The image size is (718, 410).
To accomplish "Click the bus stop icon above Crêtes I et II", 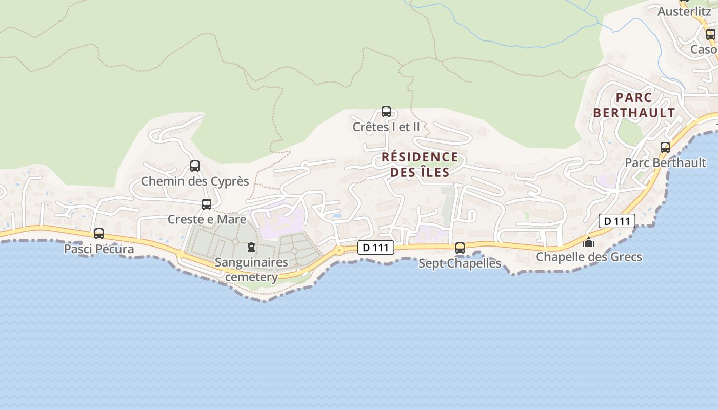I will pyautogui.click(x=386, y=112).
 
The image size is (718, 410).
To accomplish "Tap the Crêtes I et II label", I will pyautogui.click(x=386, y=127).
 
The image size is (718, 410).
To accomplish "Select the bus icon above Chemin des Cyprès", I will pyautogui.click(x=195, y=166).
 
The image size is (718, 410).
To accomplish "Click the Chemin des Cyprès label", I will pyautogui.click(x=195, y=181).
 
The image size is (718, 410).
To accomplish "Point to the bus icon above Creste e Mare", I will pyautogui.click(x=207, y=204).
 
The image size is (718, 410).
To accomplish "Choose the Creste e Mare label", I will pyautogui.click(x=207, y=219).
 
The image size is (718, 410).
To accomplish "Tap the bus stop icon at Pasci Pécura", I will pyautogui.click(x=99, y=234).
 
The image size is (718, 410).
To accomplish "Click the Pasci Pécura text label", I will pyautogui.click(x=99, y=249).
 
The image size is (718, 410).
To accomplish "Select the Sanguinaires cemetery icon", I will pyautogui.click(x=251, y=248).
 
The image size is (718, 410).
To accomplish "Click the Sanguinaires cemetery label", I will pyautogui.click(x=251, y=270).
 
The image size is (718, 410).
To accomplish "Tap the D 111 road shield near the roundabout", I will pyautogui.click(x=375, y=248).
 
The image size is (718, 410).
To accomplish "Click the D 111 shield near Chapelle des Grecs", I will pyautogui.click(x=617, y=221).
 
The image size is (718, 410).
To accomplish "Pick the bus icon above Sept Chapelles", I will pyautogui.click(x=460, y=248).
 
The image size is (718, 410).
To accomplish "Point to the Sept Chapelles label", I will pyautogui.click(x=460, y=263).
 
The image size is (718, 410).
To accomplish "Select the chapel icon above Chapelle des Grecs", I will pyautogui.click(x=589, y=241).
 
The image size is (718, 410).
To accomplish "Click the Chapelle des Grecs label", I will pyautogui.click(x=589, y=257).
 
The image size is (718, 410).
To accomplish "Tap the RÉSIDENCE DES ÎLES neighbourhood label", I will pyautogui.click(x=420, y=165).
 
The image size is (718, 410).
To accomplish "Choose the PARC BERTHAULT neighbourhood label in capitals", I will pyautogui.click(x=634, y=105).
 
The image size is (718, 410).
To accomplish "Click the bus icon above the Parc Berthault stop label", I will pyautogui.click(x=665, y=148).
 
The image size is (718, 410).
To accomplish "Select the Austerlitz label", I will pyautogui.click(x=684, y=11).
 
